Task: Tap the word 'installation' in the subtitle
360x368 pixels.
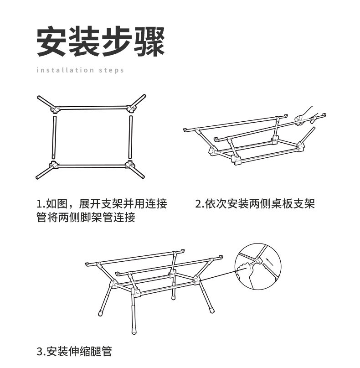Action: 62,70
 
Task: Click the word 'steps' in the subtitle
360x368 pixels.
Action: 110,70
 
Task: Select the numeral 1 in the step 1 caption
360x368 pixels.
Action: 39,204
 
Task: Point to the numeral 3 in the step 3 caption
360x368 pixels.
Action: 40,352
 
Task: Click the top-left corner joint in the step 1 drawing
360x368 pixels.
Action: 55,109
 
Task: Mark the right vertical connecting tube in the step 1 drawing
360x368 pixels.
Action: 130,136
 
